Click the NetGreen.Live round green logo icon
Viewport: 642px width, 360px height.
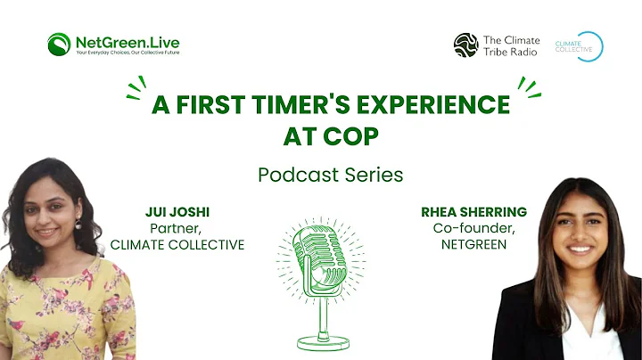[60, 44]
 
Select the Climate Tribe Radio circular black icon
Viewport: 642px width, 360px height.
[465, 45]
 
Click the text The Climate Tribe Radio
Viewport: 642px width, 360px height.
[511, 45]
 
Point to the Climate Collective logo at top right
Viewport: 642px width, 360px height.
[580, 45]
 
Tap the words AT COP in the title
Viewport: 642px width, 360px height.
[319, 138]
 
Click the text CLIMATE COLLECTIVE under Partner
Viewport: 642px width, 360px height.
[177, 244]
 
